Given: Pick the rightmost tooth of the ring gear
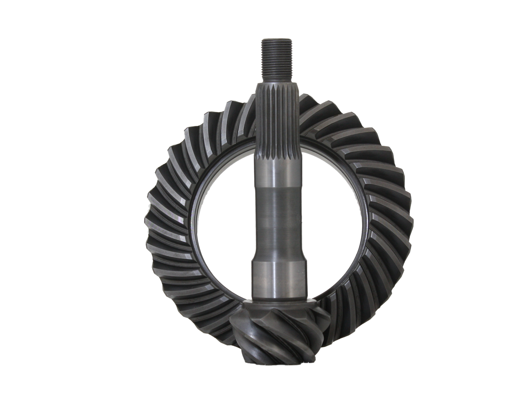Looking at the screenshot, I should tap(405, 219).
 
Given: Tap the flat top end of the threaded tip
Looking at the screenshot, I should tap(276, 38).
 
